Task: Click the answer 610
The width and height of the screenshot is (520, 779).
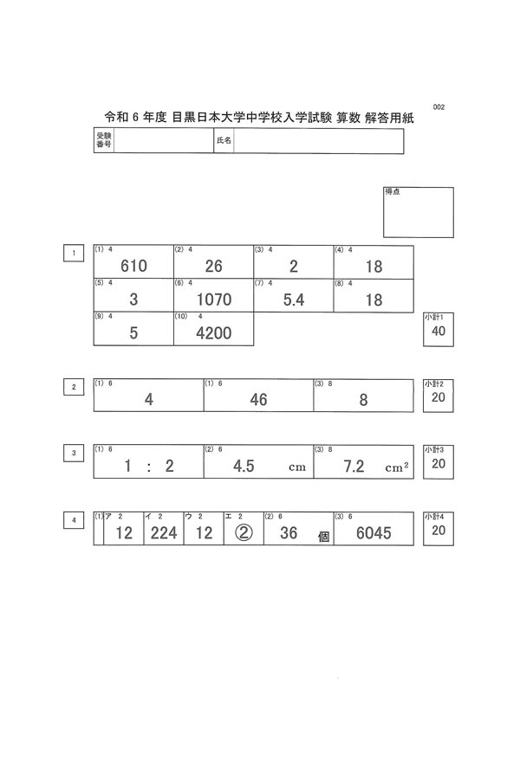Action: [134, 267]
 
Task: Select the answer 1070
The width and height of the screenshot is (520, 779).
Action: [214, 300]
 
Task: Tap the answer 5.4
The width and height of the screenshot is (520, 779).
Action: [294, 300]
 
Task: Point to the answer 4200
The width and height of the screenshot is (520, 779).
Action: [214, 333]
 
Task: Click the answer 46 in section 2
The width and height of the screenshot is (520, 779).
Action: [258, 400]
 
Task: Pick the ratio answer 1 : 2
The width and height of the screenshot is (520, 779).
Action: [149, 467]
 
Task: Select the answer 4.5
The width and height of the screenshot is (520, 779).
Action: [244, 467]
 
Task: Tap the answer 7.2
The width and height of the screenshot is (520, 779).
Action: [354, 467]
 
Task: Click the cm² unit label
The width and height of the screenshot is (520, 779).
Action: [397, 468]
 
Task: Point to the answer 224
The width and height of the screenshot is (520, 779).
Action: [164, 533]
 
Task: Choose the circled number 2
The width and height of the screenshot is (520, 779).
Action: [244, 533]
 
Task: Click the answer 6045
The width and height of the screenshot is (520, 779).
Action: [374, 533]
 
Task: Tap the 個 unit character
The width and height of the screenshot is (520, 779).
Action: [323, 537]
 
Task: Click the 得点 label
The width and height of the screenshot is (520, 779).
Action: [393, 191]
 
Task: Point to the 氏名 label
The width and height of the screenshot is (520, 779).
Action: [224, 141]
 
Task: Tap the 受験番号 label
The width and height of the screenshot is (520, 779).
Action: [103, 141]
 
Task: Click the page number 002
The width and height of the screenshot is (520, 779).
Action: [438, 107]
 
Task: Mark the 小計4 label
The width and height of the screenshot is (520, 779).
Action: [434, 516]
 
